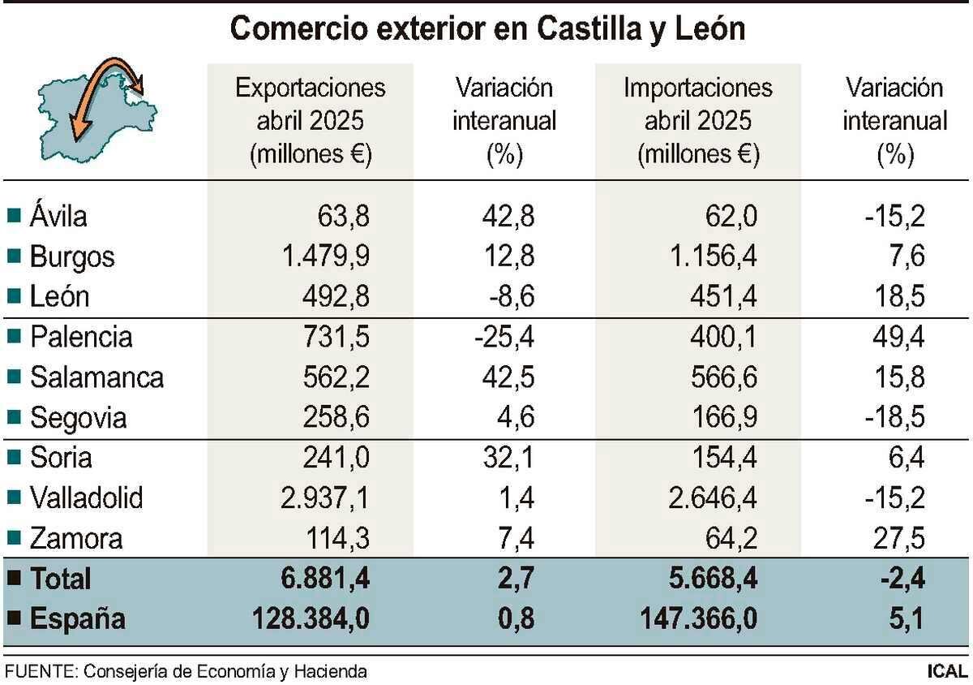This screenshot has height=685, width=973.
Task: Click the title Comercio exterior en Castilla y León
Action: tap(487, 29)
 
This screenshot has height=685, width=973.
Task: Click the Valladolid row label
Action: tap(86, 498)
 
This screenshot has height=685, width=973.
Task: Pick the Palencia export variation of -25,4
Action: tap(504, 337)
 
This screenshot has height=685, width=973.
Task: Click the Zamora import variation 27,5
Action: tap(896, 538)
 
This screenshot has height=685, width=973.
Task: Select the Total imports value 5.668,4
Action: tap(705, 579)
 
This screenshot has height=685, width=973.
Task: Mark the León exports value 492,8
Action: tap(336, 297)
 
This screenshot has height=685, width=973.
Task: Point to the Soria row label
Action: tap(61, 458)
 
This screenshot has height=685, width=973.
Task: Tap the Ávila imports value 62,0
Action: tap(735, 217)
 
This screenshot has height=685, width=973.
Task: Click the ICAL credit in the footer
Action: tap(947, 671)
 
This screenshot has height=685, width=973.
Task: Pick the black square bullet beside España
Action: tap(14, 619)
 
